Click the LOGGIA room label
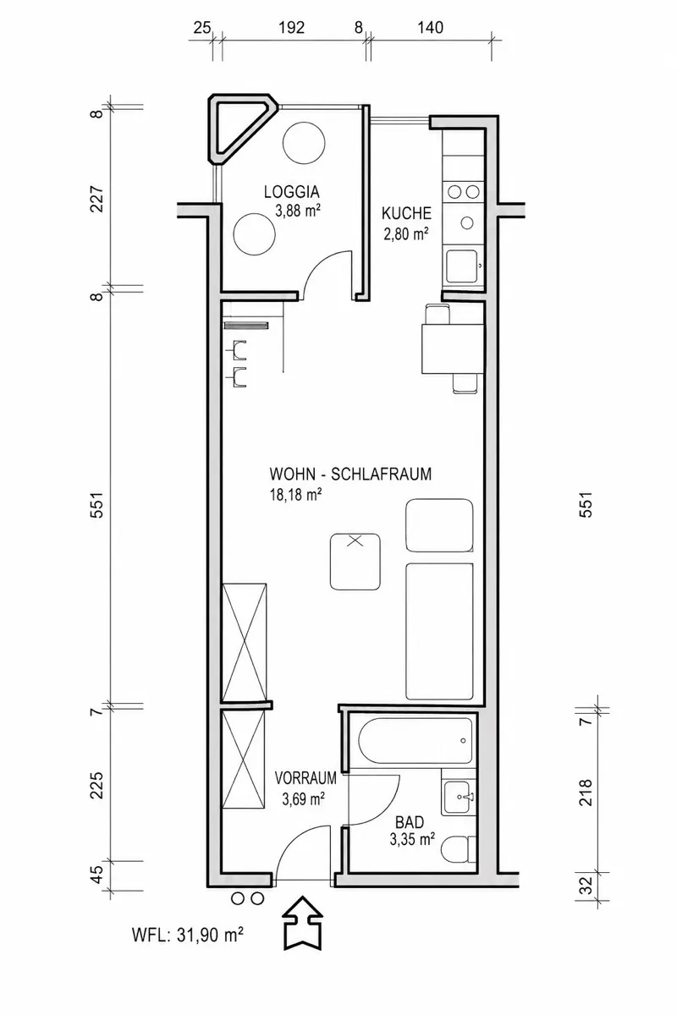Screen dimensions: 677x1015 pyautogui.click(x=292, y=192)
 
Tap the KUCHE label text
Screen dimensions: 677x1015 pyautogui.click(x=406, y=213)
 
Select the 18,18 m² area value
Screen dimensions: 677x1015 pyautogui.click(x=295, y=495)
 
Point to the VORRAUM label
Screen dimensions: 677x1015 pyautogui.click(x=305, y=778)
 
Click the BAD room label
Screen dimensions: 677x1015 pyautogui.click(x=410, y=822)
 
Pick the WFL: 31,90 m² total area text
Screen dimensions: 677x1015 pyautogui.click(x=188, y=935)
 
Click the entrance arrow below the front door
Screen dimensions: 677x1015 pyautogui.click(x=302, y=922)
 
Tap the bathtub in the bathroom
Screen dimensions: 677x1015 pyautogui.click(x=416, y=741)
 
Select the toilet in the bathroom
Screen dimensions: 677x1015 pyautogui.click(x=459, y=851)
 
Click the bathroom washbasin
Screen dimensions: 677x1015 pyautogui.click(x=459, y=797)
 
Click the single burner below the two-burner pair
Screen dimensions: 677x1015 pyautogui.click(x=466, y=222)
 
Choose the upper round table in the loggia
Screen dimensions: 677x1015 pyautogui.click(x=304, y=143)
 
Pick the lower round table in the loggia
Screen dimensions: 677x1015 pyautogui.click(x=255, y=234)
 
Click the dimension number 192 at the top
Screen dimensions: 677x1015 pyautogui.click(x=291, y=28)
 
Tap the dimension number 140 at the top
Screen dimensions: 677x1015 pyautogui.click(x=430, y=28)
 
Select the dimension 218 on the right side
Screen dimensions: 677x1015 pyautogui.click(x=586, y=793)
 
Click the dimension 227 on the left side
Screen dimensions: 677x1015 pyautogui.click(x=97, y=199)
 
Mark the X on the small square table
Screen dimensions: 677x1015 pyautogui.click(x=355, y=540)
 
